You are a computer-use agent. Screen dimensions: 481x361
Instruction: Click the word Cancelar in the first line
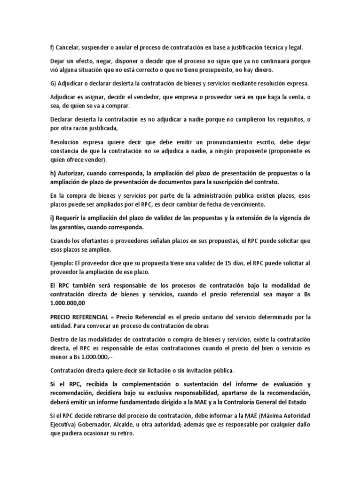(70, 47)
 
